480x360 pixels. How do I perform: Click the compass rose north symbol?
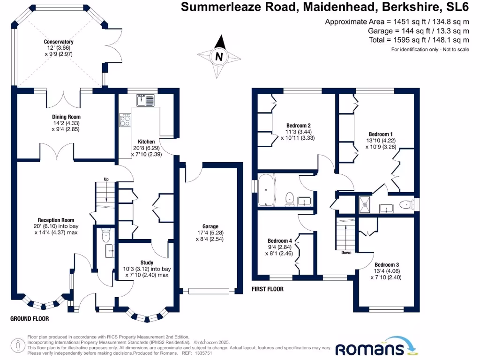click(x=218, y=57)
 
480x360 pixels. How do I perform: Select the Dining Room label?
click(x=66, y=117)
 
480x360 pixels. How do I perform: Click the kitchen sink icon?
click(x=146, y=100)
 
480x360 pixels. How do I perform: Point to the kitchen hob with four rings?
click(x=126, y=120)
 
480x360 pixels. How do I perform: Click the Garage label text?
click(x=208, y=226)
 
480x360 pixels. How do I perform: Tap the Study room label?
click(x=147, y=262)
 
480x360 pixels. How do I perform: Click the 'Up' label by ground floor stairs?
click(x=106, y=179)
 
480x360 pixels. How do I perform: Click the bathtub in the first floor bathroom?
click(x=266, y=190)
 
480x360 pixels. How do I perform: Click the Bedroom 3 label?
click(x=387, y=264)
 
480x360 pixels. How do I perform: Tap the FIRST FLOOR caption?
click(x=267, y=289)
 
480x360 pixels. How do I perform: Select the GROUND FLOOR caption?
click(x=30, y=319)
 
